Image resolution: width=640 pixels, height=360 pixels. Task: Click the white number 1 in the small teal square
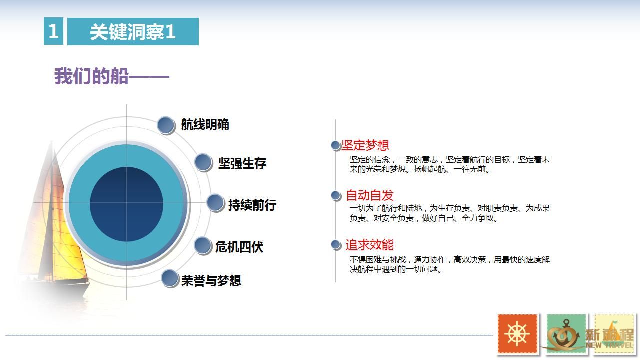click(53, 31)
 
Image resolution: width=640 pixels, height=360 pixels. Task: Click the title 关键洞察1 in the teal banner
click(133, 31)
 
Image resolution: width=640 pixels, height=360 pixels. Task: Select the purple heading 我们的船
click(91, 76)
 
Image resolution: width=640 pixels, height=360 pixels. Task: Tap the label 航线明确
click(205, 125)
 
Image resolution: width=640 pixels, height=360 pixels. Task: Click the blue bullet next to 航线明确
click(166, 125)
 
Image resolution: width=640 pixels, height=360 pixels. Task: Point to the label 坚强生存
click(242, 163)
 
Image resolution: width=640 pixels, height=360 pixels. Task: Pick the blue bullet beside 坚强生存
click(203, 163)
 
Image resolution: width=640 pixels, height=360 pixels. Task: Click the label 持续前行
click(252, 205)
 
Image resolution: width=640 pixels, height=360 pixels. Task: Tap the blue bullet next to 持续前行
click(215, 203)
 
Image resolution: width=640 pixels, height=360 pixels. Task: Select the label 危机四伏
click(239, 247)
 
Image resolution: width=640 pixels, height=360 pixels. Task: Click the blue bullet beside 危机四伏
click(203, 245)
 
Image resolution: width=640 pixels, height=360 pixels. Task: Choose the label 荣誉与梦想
click(211, 281)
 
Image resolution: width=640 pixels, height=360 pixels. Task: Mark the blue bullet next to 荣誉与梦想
click(170, 278)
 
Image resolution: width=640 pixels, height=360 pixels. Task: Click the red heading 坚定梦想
click(365, 145)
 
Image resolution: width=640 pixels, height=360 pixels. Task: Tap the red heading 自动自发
click(369, 195)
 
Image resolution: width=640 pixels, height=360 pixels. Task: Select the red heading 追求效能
click(369, 245)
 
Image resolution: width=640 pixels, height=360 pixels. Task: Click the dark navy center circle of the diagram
click(126, 204)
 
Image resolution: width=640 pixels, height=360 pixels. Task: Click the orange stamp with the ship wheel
click(517, 333)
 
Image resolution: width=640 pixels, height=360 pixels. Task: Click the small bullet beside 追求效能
click(336, 245)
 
